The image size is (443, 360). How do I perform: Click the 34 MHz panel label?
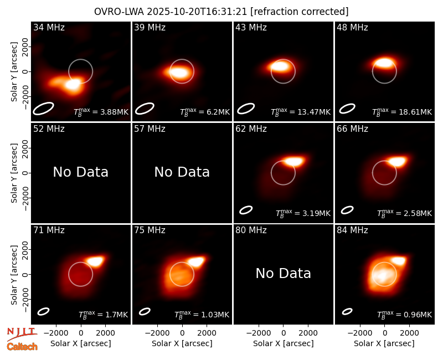(x=49, y=27)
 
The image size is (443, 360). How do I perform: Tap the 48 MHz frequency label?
(x=352, y=27)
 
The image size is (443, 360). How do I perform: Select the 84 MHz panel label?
(x=352, y=230)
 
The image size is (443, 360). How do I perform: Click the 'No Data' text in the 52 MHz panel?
(x=81, y=172)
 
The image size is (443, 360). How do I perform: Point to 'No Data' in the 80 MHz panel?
(x=284, y=273)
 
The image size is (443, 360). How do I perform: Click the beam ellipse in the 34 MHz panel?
(x=43, y=109)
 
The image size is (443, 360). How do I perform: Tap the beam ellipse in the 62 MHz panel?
(x=246, y=210)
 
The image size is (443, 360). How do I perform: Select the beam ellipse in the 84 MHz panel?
(x=347, y=311)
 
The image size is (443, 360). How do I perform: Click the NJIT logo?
(x=22, y=333)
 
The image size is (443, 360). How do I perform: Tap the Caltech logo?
(x=22, y=347)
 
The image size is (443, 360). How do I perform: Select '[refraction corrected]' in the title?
(x=300, y=12)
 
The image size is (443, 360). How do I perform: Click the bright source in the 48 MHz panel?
(x=384, y=63)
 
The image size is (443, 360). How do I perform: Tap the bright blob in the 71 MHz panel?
(x=95, y=261)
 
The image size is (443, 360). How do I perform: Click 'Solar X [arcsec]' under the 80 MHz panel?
(x=284, y=343)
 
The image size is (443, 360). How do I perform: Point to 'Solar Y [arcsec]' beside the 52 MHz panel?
(x=14, y=173)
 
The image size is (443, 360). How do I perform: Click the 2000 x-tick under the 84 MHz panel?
(x=409, y=333)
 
